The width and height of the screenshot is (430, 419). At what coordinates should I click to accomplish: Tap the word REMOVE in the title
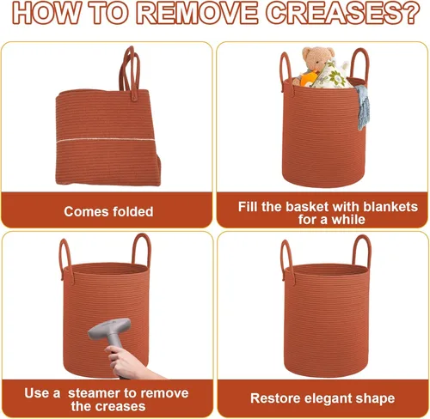point(196,14)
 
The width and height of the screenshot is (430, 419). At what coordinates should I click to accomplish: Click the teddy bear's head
point(318,58)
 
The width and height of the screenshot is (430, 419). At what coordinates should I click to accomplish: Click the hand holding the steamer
point(129,362)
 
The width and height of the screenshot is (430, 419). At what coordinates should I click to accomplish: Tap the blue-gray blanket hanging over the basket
point(362,106)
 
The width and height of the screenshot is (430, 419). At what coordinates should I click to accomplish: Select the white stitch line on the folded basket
point(106,140)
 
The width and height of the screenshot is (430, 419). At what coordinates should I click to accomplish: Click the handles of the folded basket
point(130,72)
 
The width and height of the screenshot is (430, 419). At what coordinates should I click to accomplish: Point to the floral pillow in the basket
point(332,75)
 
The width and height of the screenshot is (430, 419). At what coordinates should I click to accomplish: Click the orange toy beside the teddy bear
point(309,78)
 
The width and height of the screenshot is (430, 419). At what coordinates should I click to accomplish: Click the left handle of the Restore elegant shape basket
point(286,259)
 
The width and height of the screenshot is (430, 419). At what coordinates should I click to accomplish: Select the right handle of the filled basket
point(359,64)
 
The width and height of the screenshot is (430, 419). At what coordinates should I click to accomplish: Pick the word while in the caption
point(348,220)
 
